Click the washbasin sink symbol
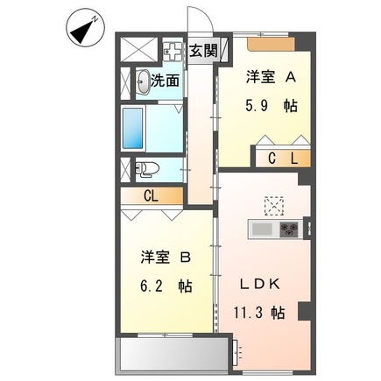143,82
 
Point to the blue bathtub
136,130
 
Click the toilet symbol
145,169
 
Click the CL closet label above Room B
151,196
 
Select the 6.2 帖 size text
163,286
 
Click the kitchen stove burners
289,229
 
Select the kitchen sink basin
262,229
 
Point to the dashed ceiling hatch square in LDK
273,205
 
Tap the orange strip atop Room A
272,41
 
